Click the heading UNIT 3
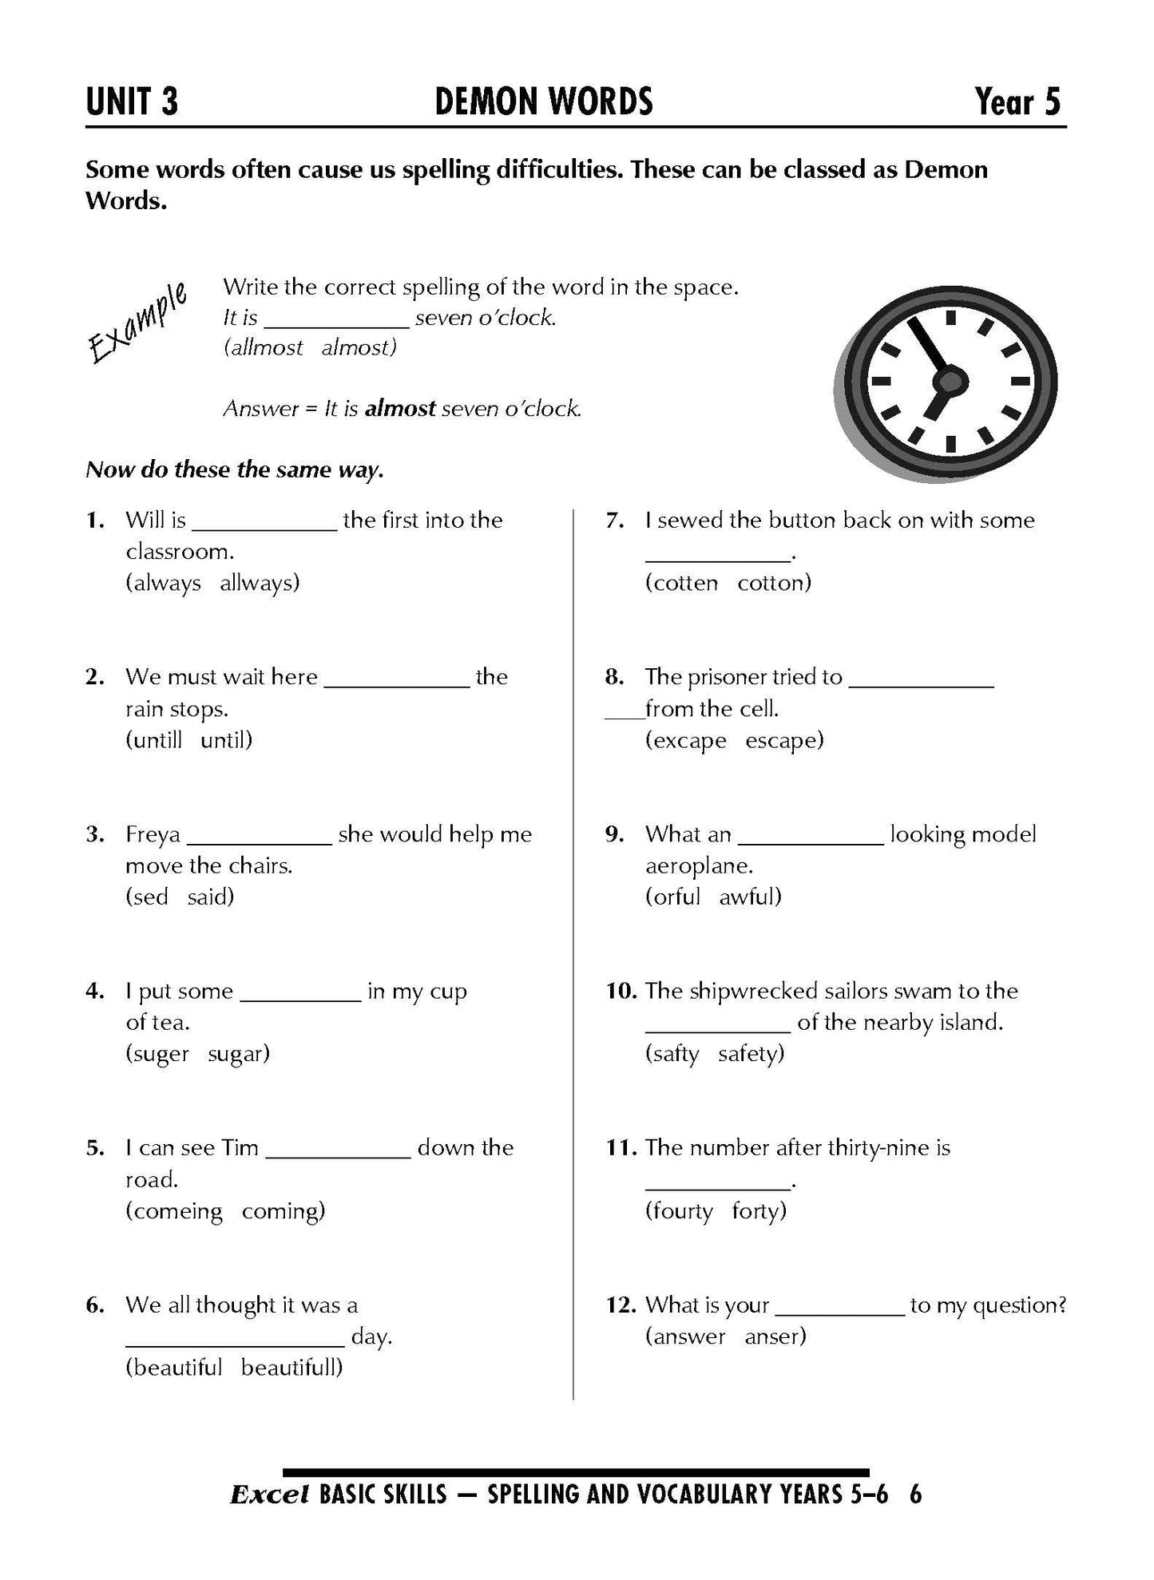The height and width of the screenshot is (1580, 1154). pyautogui.click(x=132, y=102)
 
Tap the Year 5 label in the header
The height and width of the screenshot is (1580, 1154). pyautogui.click(x=1017, y=102)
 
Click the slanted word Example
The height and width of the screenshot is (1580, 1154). pyautogui.click(x=137, y=323)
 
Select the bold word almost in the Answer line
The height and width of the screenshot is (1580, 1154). pyautogui.click(x=400, y=409)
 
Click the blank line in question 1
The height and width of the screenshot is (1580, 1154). pyautogui.click(x=265, y=528)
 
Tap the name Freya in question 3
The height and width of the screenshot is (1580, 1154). pyautogui.click(x=153, y=835)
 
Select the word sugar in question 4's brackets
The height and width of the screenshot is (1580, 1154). pyautogui.click(x=238, y=1055)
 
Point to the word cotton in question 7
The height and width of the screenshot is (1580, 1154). pyautogui.click(x=773, y=584)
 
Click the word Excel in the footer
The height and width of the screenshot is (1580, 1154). pyautogui.click(x=268, y=1495)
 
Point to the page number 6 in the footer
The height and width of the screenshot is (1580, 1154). pyautogui.click(x=915, y=1495)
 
